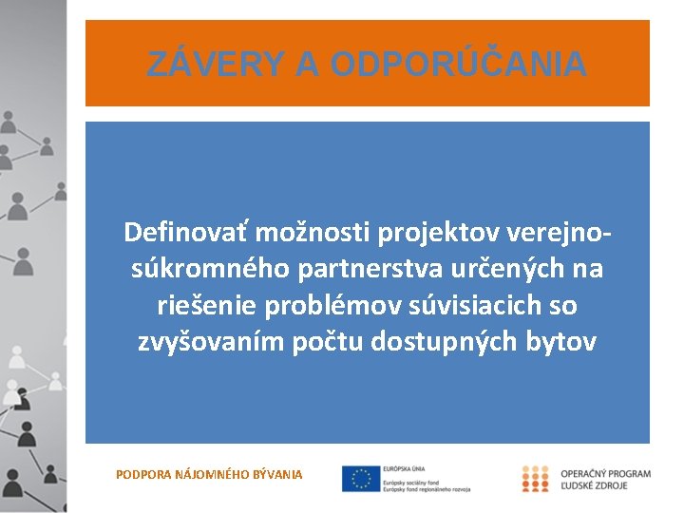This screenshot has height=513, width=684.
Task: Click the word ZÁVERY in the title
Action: [215, 65]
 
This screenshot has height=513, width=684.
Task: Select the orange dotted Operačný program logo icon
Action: [535, 478]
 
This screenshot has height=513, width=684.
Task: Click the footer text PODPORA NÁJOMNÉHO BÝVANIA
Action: [209, 473]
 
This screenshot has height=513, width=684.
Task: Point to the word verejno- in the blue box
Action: [560, 232]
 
